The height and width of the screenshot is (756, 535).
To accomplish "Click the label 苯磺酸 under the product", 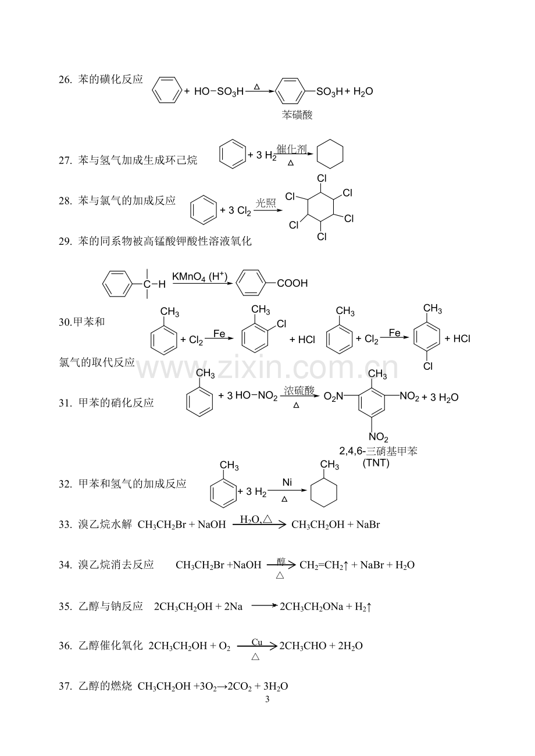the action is pyautogui.click(x=297, y=115).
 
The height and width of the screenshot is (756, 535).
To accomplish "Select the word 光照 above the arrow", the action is pyautogui.click(x=266, y=203).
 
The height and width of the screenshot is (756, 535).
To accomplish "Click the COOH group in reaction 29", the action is pyautogui.click(x=293, y=283).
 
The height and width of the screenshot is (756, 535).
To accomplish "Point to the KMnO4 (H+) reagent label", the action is pyautogui.click(x=200, y=277).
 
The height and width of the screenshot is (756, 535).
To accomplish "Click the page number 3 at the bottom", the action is pyautogui.click(x=267, y=699).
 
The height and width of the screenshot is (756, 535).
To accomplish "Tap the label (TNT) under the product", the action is pyautogui.click(x=376, y=463).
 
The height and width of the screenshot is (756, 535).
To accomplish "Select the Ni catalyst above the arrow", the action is pyautogui.click(x=287, y=482).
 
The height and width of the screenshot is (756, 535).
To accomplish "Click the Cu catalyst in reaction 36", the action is pyautogui.click(x=257, y=642).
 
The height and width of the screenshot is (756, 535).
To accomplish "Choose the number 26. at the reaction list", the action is pyautogui.click(x=66, y=80).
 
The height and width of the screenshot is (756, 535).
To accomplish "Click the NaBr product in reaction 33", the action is pyautogui.click(x=368, y=525).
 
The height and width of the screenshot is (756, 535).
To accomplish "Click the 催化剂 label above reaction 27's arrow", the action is pyautogui.click(x=292, y=149).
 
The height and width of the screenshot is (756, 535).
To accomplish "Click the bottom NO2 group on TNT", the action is pyautogui.click(x=379, y=437).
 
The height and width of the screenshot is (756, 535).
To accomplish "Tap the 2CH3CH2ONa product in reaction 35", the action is pyautogui.click(x=311, y=607).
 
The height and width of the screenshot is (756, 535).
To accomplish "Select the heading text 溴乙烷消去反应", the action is pyautogui.click(x=116, y=565).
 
